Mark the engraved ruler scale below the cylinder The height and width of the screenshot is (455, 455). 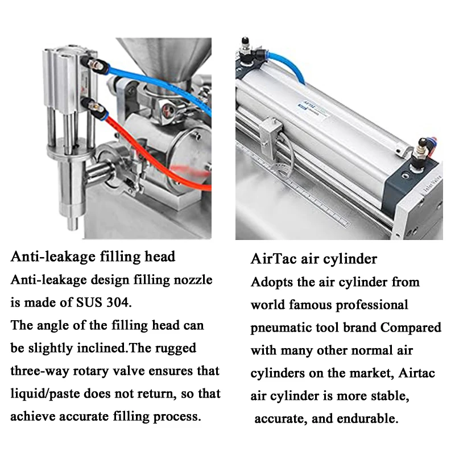coord(318,193)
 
